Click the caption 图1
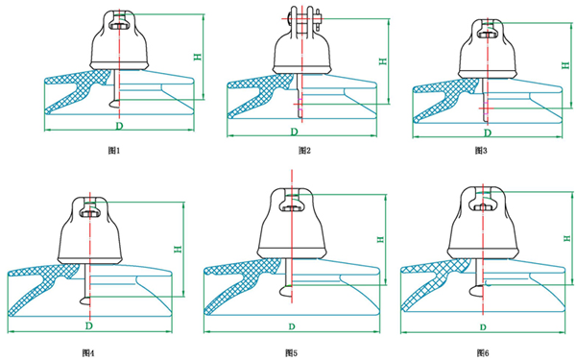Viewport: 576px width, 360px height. (x=114, y=151)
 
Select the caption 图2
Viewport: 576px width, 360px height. (x=304, y=151)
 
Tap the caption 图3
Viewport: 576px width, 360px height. (x=481, y=151)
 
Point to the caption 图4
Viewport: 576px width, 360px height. (x=88, y=353)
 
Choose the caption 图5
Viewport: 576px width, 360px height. (x=291, y=353)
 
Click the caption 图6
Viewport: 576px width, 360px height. (x=483, y=353)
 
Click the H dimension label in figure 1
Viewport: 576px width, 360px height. (x=198, y=57)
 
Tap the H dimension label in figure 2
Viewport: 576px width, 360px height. (x=383, y=61)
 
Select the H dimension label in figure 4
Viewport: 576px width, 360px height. (x=178, y=249)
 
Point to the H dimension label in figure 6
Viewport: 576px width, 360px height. (x=566, y=238)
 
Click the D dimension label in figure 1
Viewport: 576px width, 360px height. (x=119, y=126)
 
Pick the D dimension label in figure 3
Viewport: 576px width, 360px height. (x=487, y=132)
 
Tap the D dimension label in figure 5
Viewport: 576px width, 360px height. (x=292, y=326)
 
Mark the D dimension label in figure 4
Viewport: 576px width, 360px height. (x=89, y=325)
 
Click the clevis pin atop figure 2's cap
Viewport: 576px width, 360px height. (x=302, y=16)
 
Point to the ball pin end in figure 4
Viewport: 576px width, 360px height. (x=85, y=300)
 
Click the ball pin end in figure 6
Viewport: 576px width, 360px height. (x=476, y=290)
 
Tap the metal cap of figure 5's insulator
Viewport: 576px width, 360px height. (x=292, y=224)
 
